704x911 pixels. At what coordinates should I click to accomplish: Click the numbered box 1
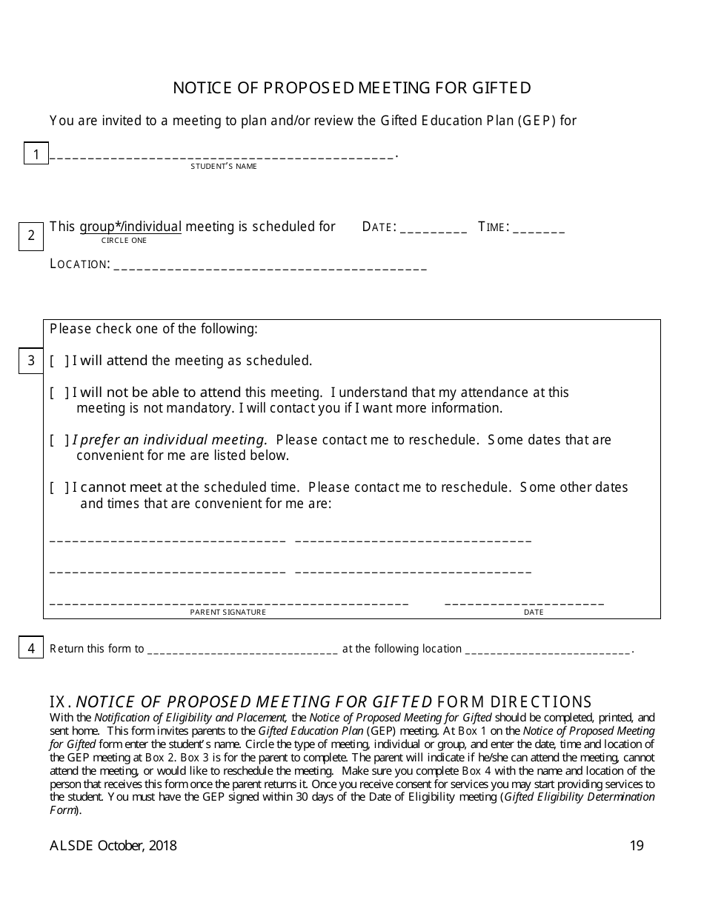pos(36,154)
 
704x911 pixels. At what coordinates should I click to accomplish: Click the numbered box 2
pos(31,236)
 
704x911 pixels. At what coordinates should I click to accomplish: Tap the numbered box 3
pos(31,361)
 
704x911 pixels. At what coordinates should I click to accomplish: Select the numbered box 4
pos(31,648)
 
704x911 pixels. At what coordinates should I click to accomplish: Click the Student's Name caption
pos(223,167)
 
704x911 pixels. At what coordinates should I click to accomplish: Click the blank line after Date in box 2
pos(433,230)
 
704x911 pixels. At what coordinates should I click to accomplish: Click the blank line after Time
pos(539,230)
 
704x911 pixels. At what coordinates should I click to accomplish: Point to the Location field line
pos(270,267)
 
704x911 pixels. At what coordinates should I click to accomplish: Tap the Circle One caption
pos(124,241)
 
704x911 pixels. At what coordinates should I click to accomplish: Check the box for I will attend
pos(60,361)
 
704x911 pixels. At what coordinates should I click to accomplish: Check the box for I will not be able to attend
pos(60,393)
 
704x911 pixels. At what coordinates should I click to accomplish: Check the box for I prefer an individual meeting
pos(60,440)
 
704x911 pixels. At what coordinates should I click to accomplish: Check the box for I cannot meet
pos(60,487)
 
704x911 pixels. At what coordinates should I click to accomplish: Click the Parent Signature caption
pos(228,613)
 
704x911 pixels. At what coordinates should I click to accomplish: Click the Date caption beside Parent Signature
pos(534,613)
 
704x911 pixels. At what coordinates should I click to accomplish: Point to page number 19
pos(637,846)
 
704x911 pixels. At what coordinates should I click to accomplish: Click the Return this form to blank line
pos(243,651)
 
